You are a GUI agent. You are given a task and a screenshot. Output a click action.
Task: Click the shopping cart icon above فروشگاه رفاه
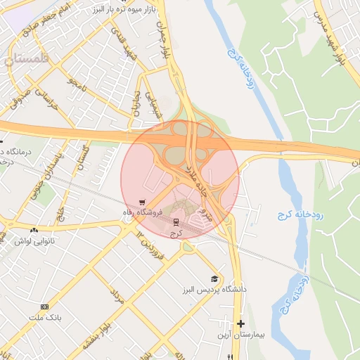(x=143, y=200)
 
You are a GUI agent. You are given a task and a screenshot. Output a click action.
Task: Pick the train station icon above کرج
(x=176, y=221)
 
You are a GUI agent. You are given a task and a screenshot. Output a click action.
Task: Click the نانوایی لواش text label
(x=33, y=241)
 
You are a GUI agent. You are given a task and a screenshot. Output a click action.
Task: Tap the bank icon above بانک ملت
(x=46, y=307)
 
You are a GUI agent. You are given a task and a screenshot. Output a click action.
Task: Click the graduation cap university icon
(x=214, y=278)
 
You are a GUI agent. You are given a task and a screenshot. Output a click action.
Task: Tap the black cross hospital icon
(x=241, y=324)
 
